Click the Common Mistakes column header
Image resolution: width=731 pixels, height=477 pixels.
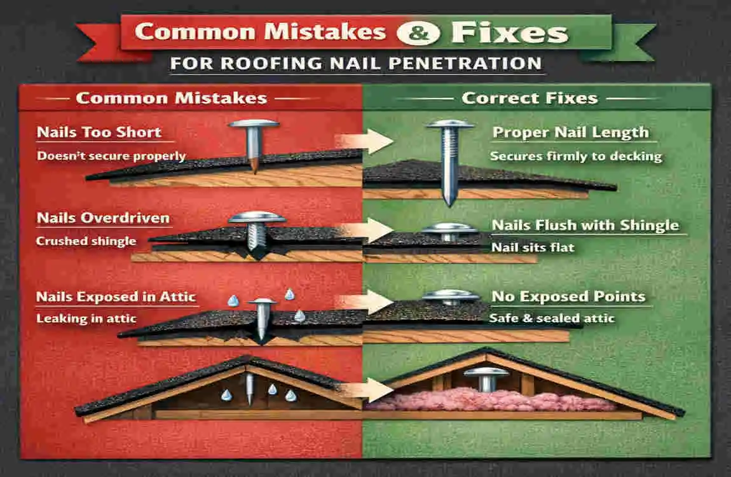click(x=171, y=98)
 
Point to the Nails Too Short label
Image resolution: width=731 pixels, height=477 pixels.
click(x=98, y=132)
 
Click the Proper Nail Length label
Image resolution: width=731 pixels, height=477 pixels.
click(x=570, y=133)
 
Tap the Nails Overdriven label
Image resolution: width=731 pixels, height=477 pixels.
click(x=103, y=218)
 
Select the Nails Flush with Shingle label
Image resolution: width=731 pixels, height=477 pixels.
click(x=585, y=225)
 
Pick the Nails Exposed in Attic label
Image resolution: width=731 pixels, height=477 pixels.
click(x=116, y=296)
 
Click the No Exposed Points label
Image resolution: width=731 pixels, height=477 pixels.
click(x=568, y=296)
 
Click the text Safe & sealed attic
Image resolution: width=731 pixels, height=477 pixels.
click(x=552, y=318)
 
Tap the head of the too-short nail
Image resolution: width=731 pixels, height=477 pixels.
click(x=254, y=123)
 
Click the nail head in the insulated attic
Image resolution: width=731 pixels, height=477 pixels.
click(x=487, y=371)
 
